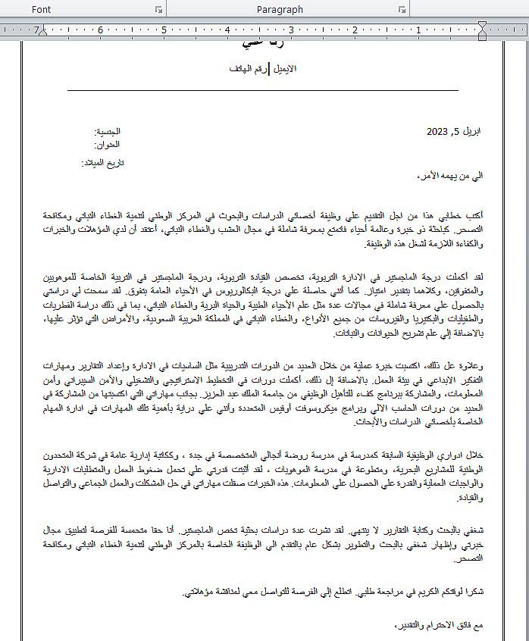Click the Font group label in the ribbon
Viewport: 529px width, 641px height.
click(x=42, y=9)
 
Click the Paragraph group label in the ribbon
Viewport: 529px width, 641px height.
click(x=280, y=9)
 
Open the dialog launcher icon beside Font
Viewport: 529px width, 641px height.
click(x=159, y=9)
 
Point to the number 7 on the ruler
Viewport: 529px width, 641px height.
click(x=36, y=30)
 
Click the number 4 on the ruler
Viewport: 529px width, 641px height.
click(x=227, y=30)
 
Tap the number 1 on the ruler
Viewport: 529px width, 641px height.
click(x=418, y=30)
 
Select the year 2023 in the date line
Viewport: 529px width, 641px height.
click(x=437, y=131)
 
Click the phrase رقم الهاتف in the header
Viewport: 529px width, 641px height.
click(x=247, y=68)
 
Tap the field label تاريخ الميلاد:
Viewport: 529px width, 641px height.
click(x=102, y=163)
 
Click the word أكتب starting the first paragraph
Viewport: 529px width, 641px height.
click(x=476, y=215)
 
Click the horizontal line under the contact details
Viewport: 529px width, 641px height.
click(x=263, y=90)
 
